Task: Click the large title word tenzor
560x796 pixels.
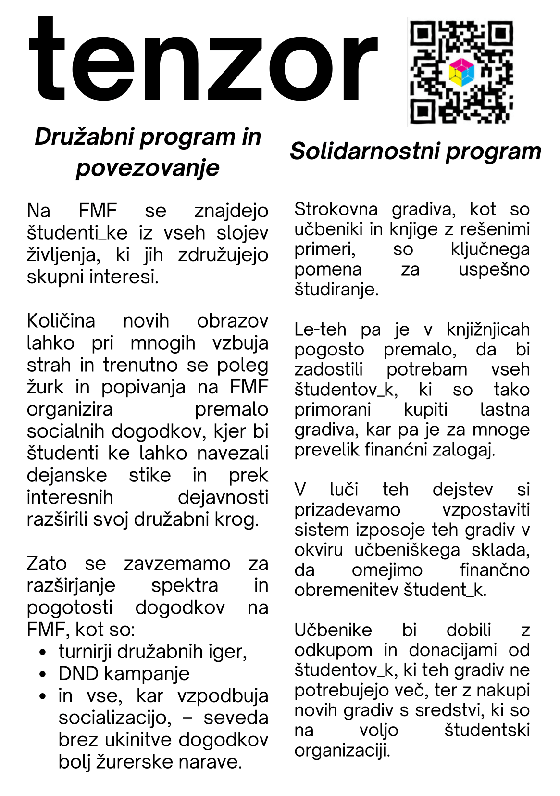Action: coord(202,60)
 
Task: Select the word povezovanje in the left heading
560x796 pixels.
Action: coord(148,168)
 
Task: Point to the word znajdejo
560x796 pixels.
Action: coord(231,211)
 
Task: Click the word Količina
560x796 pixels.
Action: coord(61,321)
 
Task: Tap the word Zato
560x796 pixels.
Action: coord(47,563)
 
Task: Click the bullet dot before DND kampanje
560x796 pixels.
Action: coord(43,674)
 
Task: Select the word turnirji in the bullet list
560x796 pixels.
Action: coord(85,652)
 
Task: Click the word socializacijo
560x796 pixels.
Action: coord(114,718)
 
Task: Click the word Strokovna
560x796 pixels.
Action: coord(336,209)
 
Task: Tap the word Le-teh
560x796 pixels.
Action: coord(320,329)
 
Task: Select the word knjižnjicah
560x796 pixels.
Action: coord(488,329)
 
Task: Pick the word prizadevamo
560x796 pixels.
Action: coord(347,510)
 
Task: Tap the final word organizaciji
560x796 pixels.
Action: coord(342,750)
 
